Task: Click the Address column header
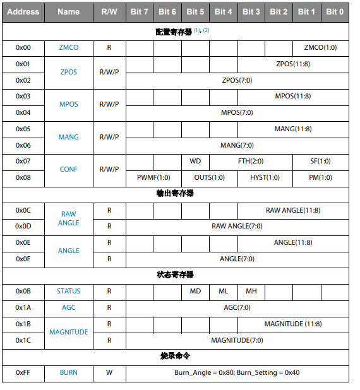tap(23, 11)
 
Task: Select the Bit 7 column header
tap(140, 11)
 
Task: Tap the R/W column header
tap(109, 11)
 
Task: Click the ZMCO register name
tap(68, 47)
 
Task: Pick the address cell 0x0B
tap(23, 291)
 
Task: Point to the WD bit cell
tap(195, 161)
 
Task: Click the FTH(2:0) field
tap(251, 161)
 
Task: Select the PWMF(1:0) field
tap(153, 177)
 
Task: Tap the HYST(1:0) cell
tap(265, 177)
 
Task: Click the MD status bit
tap(195, 291)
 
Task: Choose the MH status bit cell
tap(251, 291)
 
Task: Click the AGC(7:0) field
tap(237, 307)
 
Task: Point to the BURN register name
tap(68, 372)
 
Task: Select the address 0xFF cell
tap(23, 372)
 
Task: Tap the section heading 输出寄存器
tap(175, 194)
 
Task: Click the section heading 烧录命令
tap(175, 357)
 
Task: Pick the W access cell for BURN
tap(109, 372)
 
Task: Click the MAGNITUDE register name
tap(68, 332)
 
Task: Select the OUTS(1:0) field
tap(209, 177)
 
